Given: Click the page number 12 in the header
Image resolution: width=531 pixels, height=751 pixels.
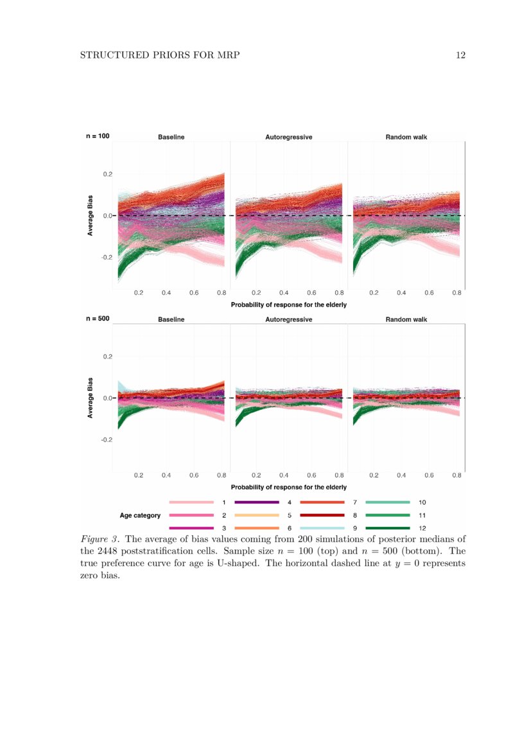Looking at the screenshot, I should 460,55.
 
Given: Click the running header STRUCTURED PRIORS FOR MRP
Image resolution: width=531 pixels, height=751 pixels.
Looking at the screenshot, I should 159,55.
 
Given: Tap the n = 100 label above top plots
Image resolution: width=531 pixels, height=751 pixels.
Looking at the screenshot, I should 98,136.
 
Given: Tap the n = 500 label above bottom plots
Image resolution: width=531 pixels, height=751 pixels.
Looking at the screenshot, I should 98,318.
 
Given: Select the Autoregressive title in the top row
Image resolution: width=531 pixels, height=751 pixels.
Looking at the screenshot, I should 288,137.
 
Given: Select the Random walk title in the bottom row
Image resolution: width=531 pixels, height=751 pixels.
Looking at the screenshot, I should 406,319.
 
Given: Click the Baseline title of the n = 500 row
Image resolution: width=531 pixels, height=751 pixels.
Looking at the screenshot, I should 171,319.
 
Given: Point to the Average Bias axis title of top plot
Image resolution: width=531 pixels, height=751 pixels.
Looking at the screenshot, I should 91,216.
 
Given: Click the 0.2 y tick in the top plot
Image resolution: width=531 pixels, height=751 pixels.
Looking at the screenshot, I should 107,174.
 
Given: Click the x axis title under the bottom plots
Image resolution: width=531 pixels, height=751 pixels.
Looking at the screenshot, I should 288,488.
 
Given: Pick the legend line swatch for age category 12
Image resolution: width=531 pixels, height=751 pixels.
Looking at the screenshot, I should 387,528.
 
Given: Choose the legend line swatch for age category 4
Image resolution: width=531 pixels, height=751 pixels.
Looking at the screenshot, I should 257,502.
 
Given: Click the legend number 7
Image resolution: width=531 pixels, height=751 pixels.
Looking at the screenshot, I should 355,502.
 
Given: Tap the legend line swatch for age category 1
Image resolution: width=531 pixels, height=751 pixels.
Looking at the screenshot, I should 191,502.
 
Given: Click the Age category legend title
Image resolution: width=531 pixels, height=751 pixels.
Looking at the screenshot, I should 140,515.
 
